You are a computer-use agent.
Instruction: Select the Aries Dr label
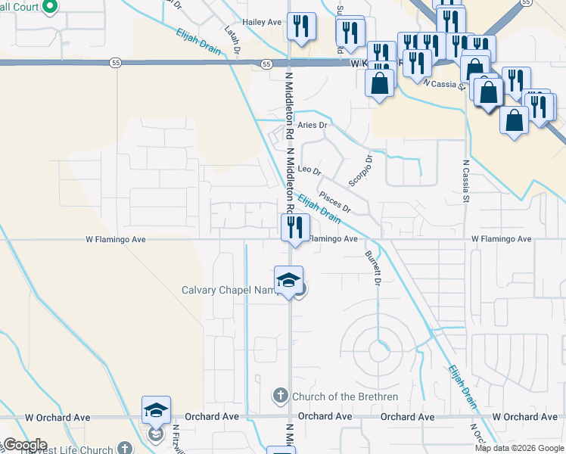pos(312,125)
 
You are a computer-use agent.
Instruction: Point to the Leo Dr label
pos(309,169)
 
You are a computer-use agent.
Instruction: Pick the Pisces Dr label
pos(335,201)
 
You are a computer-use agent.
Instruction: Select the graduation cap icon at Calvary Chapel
pos(288,280)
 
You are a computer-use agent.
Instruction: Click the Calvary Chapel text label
pos(227,290)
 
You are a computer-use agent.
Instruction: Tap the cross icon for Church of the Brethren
pos(279,396)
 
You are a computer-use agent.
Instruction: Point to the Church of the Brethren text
pos(344,396)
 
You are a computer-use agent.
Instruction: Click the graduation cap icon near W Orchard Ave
pos(156,410)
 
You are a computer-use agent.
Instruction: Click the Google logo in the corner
pos(24,445)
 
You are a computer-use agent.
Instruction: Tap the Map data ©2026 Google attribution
pos(518,448)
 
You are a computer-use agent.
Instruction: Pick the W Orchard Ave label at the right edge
pos(524,417)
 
